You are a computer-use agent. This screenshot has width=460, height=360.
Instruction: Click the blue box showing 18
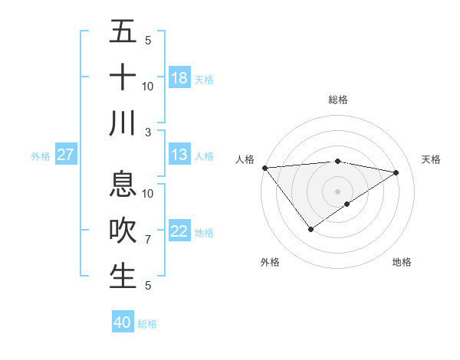point(179,78)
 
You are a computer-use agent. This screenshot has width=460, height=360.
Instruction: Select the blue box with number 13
point(179,155)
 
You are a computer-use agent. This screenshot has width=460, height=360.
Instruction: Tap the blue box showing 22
point(179,232)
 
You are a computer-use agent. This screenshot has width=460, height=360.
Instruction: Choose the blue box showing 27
point(65,155)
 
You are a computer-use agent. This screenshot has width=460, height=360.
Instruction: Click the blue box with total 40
point(123,322)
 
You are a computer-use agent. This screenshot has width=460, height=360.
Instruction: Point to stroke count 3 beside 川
point(148,132)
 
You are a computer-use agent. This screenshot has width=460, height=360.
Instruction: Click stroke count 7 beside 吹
point(148,240)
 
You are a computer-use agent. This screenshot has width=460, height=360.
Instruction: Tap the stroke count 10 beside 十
point(148,86)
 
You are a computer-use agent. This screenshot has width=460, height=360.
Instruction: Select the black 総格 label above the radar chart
point(337,100)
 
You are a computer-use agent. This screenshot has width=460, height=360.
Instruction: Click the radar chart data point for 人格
point(264,168)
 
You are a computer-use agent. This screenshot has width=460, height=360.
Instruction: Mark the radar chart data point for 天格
point(396,172)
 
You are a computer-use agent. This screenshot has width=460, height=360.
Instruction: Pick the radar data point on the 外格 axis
point(310,229)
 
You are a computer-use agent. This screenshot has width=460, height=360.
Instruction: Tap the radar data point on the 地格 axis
point(347,204)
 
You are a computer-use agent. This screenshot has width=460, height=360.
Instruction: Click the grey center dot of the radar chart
point(337,190)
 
